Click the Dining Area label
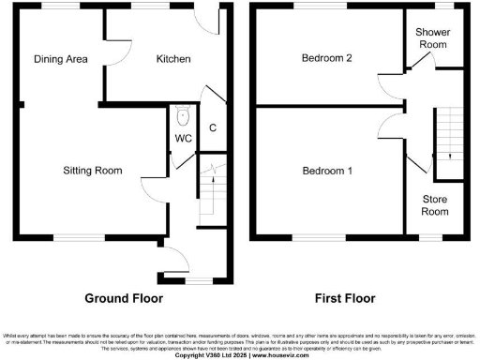pos(61,59)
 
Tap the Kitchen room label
pos(173,59)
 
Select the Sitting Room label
pos(93,171)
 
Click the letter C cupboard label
pos(213,128)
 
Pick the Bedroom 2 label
pos(326,58)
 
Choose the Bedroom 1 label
pos(326,171)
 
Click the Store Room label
pos(435,204)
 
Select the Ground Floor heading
pos(124,298)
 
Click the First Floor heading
pos(343,298)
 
